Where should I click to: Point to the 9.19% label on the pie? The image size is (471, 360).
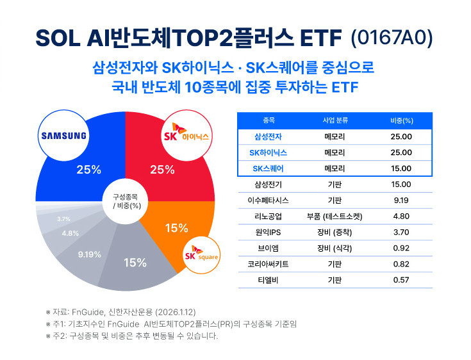pos(89,255)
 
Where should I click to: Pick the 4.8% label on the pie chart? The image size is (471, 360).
pos(70,233)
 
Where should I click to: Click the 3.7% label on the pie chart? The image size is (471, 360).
pos(63,219)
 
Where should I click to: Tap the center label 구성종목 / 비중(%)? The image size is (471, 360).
pos(126,200)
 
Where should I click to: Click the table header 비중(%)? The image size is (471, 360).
pos(401,120)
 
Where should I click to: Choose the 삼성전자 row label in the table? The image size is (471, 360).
pos(268,136)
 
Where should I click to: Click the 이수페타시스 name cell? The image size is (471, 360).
pos(268,200)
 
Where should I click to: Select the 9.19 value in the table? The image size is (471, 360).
pos(401,200)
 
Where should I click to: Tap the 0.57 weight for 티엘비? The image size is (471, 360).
pos(401,281)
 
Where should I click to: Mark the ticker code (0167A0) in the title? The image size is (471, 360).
pos(392,38)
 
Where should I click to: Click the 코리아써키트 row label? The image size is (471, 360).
pos(268,265)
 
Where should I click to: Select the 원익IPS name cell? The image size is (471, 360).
pos(268,233)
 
